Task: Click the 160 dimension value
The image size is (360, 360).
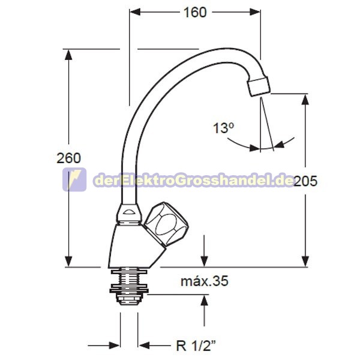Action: pyautogui.click(x=195, y=13)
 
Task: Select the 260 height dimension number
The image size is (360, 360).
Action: pyautogui.click(x=68, y=158)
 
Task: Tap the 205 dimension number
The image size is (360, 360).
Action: pyautogui.click(x=305, y=181)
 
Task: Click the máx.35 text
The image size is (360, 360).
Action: pyautogui.click(x=205, y=281)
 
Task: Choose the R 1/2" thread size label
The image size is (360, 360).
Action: pyautogui.click(x=196, y=345)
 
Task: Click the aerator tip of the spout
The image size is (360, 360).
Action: pyautogui.click(x=258, y=86)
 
